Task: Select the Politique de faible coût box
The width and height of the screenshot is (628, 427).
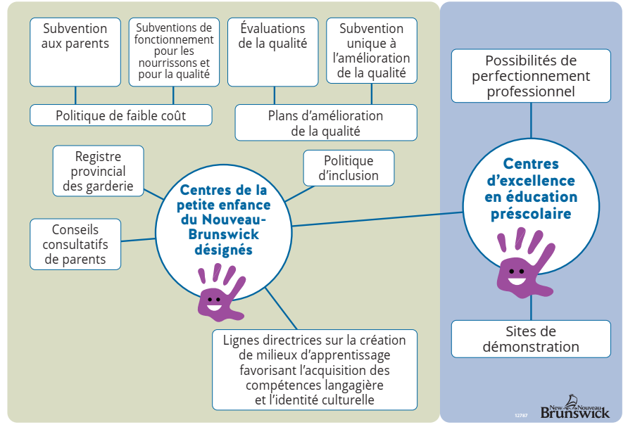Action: coord(120,115)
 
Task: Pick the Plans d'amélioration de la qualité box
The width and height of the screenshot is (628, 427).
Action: coord(325,123)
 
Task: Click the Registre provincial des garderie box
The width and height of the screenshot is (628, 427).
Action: coord(98,171)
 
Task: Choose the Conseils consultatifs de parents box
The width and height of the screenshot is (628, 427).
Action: coord(75,244)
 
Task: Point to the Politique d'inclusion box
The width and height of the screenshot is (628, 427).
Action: coord(348,168)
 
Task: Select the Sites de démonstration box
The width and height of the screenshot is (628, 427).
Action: coord(531,338)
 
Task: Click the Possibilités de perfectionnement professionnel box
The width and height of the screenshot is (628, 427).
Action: coord(531,76)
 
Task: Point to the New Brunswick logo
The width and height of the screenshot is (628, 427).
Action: coord(574,407)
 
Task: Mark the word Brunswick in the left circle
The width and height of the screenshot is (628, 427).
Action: coord(220,235)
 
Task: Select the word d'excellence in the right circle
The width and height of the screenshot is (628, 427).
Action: coord(531,181)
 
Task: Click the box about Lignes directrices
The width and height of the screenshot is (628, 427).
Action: coord(314,369)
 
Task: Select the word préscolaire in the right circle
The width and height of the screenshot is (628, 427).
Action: coord(531,213)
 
